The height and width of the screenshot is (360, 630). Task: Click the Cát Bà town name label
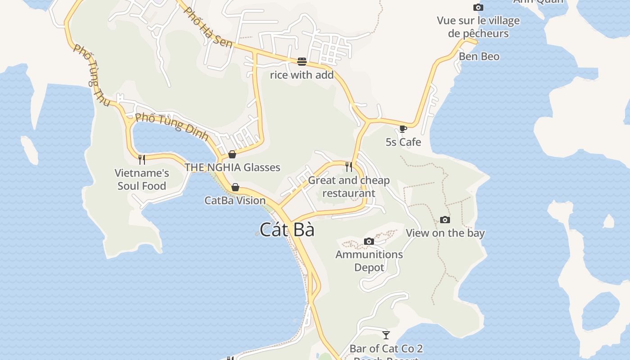tap(287, 229)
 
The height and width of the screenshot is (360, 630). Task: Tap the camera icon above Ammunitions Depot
tap(369, 242)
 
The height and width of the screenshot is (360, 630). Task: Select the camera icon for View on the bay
tap(445, 220)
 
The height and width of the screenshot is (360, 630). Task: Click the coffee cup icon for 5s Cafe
tap(403, 129)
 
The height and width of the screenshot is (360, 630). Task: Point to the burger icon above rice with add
tap(301, 61)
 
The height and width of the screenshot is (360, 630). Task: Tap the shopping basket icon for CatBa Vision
tap(235, 187)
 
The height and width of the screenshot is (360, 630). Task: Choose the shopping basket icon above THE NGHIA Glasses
tap(232, 154)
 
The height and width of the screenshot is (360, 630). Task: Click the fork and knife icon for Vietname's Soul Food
tap(142, 159)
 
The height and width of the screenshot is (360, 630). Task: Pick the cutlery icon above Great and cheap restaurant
tap(349, 167)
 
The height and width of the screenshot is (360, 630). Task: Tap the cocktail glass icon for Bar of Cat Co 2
tap(386, 335)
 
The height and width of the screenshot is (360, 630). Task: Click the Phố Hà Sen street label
tap(209, 27)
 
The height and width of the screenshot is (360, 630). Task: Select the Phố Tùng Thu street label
tap(92, 76)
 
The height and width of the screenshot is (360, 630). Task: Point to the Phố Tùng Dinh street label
tap(171, 126)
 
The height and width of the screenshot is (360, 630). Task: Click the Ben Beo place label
tap(479, 56)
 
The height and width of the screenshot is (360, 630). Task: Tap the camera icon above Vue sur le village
tap(478, 7)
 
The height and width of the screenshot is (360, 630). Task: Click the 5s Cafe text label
tap(403, 142)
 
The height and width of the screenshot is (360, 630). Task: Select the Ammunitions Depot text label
tap(369, 261)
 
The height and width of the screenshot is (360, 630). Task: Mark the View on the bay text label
tap(445, 233)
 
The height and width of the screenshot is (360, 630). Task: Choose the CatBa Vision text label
tap(235, 201)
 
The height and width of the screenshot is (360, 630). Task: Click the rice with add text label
tap(301, 75)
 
